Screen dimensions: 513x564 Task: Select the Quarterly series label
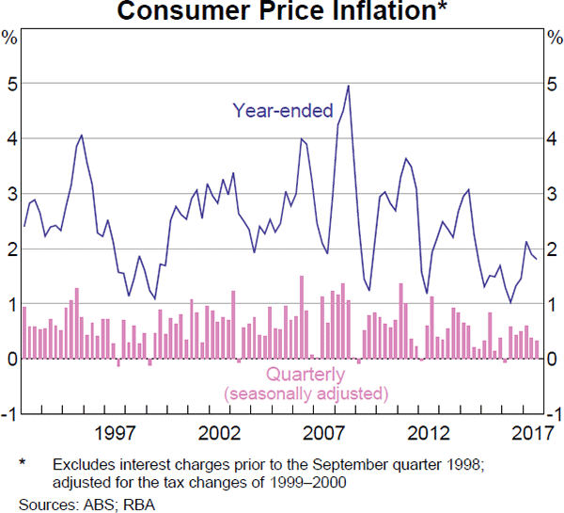(305, 374)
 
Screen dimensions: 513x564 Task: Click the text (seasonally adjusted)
(305, 393)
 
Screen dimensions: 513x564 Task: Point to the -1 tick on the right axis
(553, 414)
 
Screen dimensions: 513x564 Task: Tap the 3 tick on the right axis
(553, 193)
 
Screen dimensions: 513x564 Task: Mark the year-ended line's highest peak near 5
(348, 86)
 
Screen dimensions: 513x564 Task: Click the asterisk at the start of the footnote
(23, 465)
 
